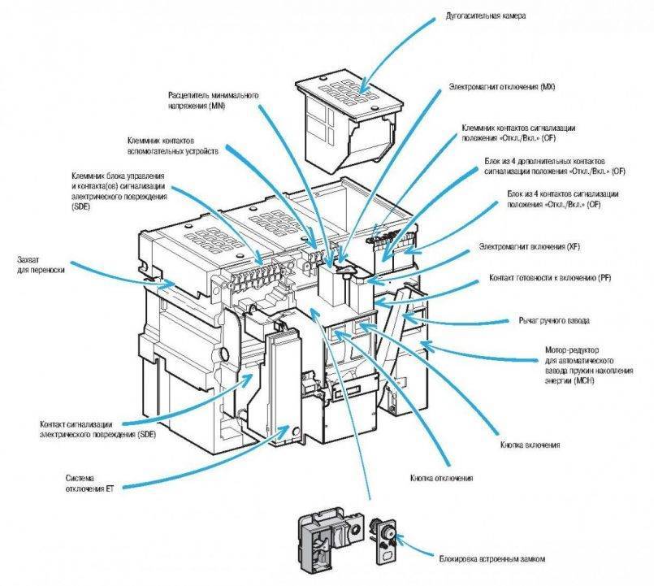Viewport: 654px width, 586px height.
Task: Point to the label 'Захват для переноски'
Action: [40, 264]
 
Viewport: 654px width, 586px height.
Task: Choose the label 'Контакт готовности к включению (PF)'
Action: [549, 279]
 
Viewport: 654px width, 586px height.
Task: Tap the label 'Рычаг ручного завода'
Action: [554, 320]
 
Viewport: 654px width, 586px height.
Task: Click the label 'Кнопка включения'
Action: [530, 446]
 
